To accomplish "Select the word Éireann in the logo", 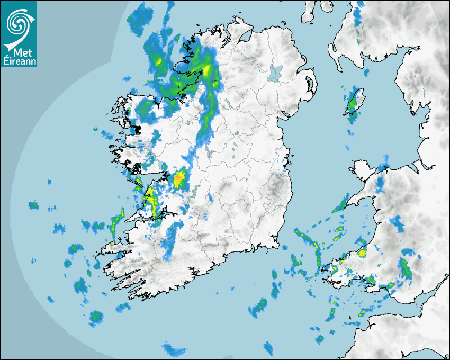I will [x=19, y=61].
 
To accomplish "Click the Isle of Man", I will [x=354, y=102].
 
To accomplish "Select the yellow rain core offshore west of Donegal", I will [x=158, y=62].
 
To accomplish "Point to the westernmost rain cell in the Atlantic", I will [x=33, y=205].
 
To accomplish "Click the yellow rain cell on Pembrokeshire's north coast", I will [x=363, y=253].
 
